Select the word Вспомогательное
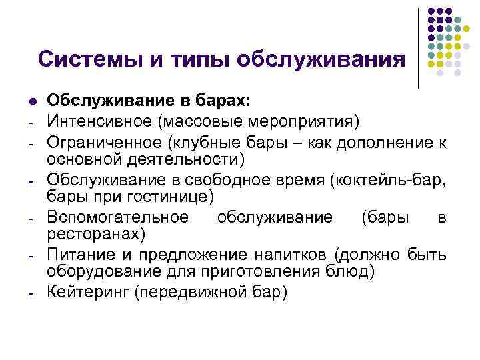pyautogui.click(x=117, y=217)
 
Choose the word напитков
pyautogui.click(x=294, y=254)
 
